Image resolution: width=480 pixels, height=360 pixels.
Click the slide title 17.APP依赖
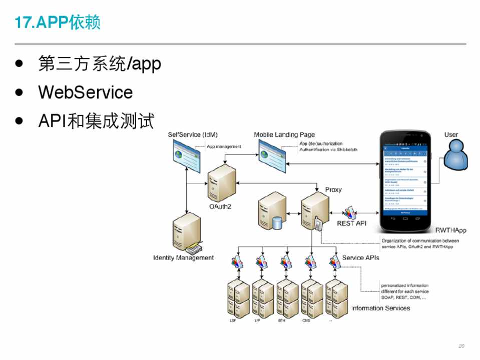tap(58, 22)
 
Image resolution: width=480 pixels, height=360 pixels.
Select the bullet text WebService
tap(86, 92)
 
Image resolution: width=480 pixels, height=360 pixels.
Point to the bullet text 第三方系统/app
tap(100, 64)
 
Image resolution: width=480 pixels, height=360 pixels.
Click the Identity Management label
tap(183, 258)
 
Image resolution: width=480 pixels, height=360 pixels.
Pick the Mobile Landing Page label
tap(284, 135)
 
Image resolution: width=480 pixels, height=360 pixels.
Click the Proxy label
tap(333, 190)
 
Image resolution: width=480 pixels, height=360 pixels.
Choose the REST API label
tap(351, 223)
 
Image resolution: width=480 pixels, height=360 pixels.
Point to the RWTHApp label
tap(450, 230)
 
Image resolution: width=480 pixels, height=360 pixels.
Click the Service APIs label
tap(360, 258)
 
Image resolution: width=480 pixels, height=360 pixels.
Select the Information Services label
tap(380, 308)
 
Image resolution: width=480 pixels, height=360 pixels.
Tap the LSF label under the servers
tap(232, 320)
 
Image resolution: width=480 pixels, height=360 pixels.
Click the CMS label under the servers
tap(306, 320)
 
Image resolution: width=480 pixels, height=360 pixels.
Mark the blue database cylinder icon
tap(277, 222)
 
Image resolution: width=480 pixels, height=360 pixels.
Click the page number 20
tap(461, 346)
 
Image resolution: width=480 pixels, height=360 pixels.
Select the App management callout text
tap(224, 146)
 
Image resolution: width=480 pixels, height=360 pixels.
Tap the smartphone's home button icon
tap(405, 218)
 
